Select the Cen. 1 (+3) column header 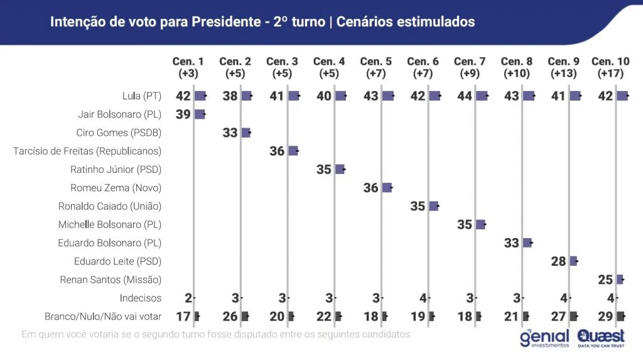click(188, 67)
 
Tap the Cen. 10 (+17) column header click(610, 67)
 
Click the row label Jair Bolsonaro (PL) click(119, 114)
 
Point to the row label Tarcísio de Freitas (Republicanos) click(87, 151)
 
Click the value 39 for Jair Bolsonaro click(183, 114)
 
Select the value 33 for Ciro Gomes click(230, 133)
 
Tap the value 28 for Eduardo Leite click(559, 261)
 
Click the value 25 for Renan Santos click(606, 280)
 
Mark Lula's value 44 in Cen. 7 click(465, 96)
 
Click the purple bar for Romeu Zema click(387, 187)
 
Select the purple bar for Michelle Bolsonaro click(480, 224)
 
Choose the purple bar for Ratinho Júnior click(340, 169)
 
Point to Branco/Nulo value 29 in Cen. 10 click(606, 316)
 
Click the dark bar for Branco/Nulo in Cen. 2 click(245, 316)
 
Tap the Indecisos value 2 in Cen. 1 click(187, 298)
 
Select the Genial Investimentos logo click(544, 338)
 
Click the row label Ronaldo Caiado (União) click(110, 206)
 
